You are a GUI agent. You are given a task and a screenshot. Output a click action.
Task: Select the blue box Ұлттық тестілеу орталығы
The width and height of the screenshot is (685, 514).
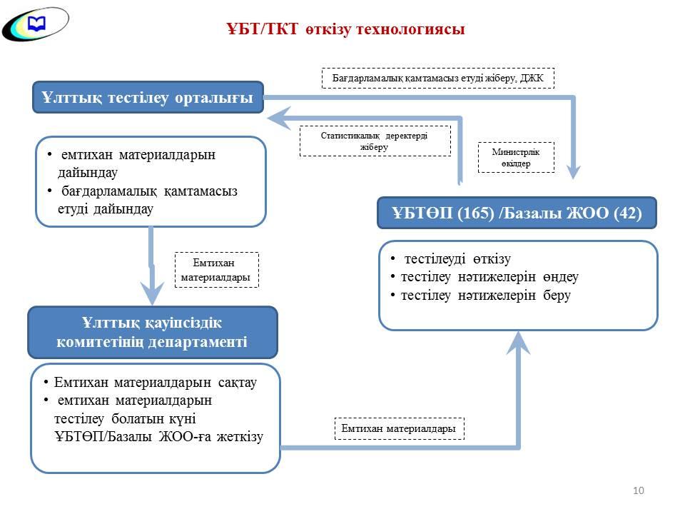(148, 98)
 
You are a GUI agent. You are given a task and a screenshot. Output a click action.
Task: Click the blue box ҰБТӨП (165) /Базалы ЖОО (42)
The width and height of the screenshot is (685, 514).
(517, 213)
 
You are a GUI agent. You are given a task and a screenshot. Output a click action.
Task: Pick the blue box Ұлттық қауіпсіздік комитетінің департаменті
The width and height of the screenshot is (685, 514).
(152, 332)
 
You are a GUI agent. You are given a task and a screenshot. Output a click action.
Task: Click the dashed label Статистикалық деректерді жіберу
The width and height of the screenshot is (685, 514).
(375, 141)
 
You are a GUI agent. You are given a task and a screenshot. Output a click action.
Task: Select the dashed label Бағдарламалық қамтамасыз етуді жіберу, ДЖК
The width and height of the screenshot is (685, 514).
(438, 78)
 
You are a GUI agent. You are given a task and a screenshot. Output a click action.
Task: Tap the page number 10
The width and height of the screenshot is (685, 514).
(639, 490)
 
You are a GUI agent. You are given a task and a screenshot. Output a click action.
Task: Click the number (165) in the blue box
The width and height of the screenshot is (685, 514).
(477, 213)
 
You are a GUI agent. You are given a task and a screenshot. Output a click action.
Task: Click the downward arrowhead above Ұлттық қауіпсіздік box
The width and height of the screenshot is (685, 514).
(152, 293)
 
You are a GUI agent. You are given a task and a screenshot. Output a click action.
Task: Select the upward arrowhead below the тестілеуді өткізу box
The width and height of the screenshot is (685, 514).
(519, 345)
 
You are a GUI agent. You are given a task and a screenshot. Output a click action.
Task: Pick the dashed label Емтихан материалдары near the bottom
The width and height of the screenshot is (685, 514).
(399, 428)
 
